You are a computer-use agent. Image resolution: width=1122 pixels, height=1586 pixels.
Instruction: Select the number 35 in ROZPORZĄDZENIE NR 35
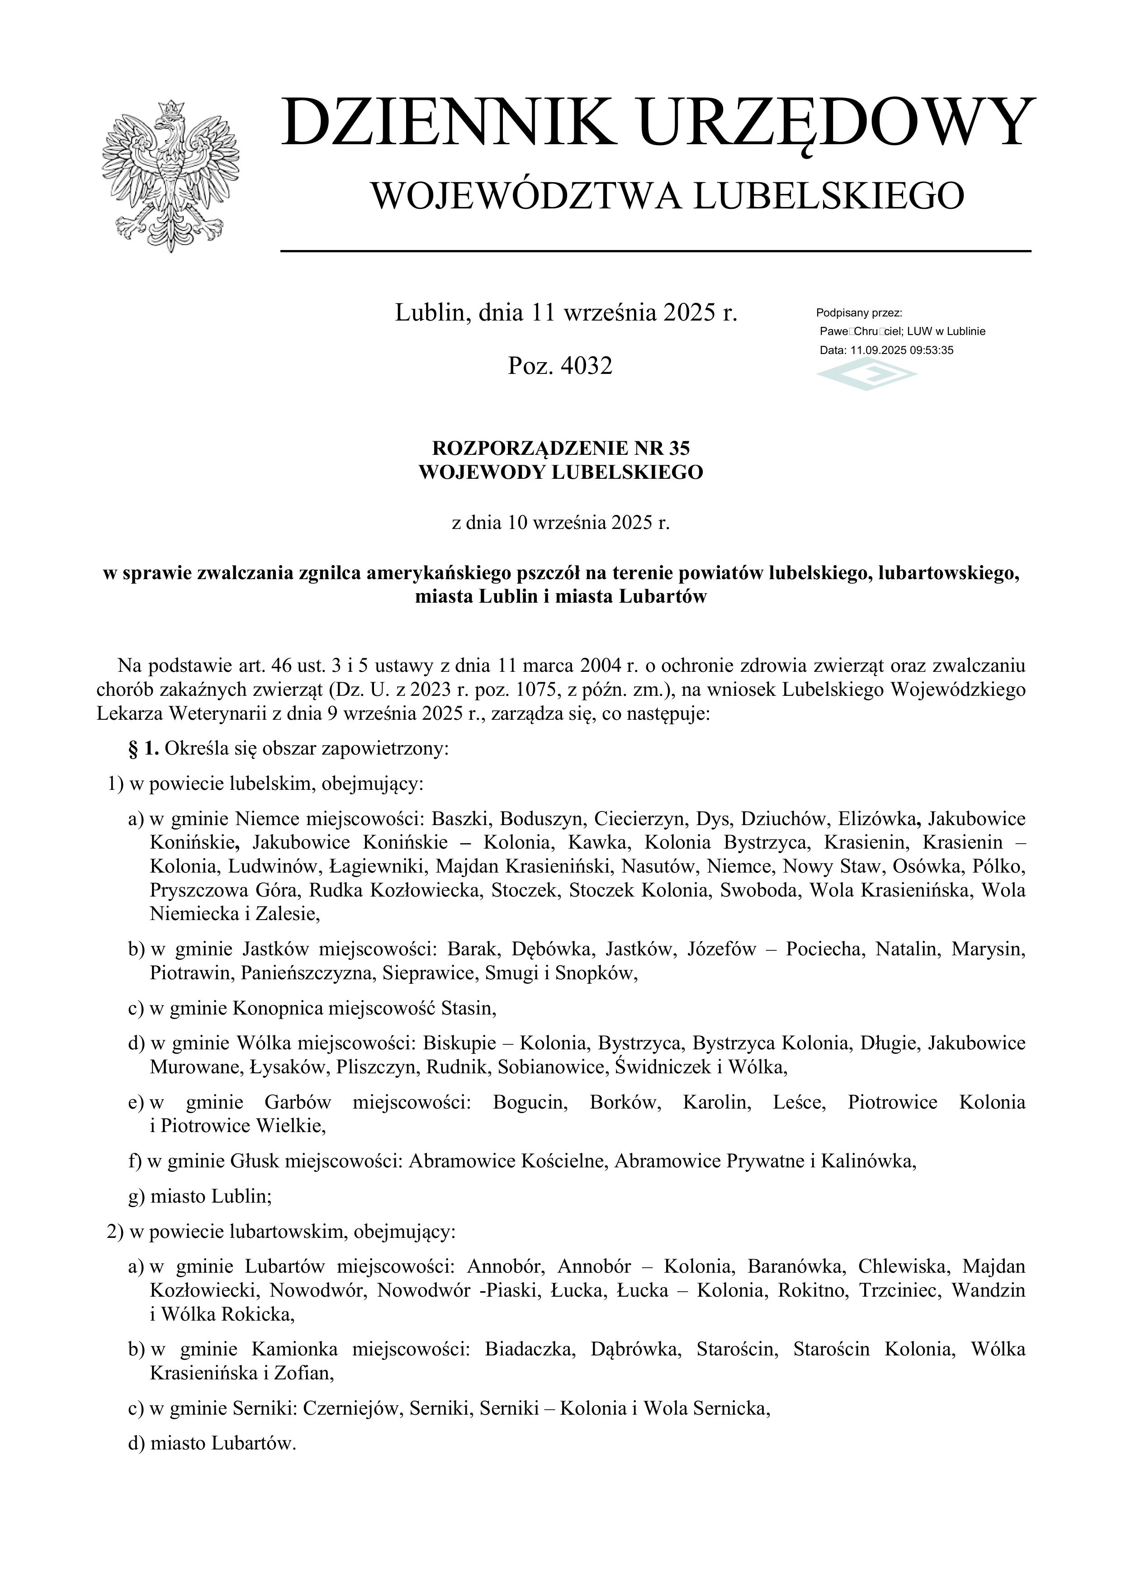(x=678, y=448)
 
